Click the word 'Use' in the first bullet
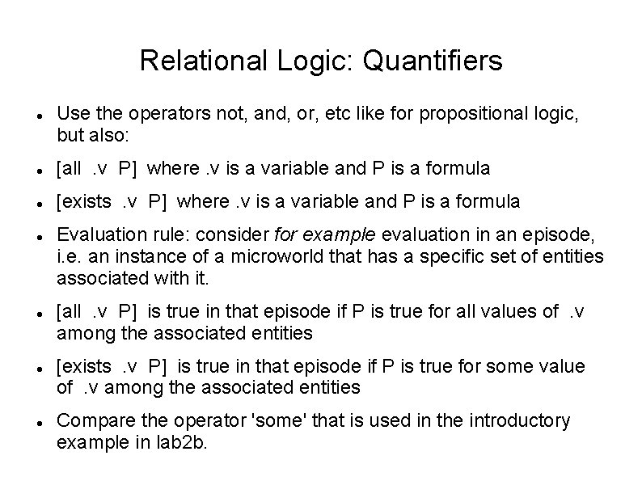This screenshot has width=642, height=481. pyautogui.click(x=71, y=114)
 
